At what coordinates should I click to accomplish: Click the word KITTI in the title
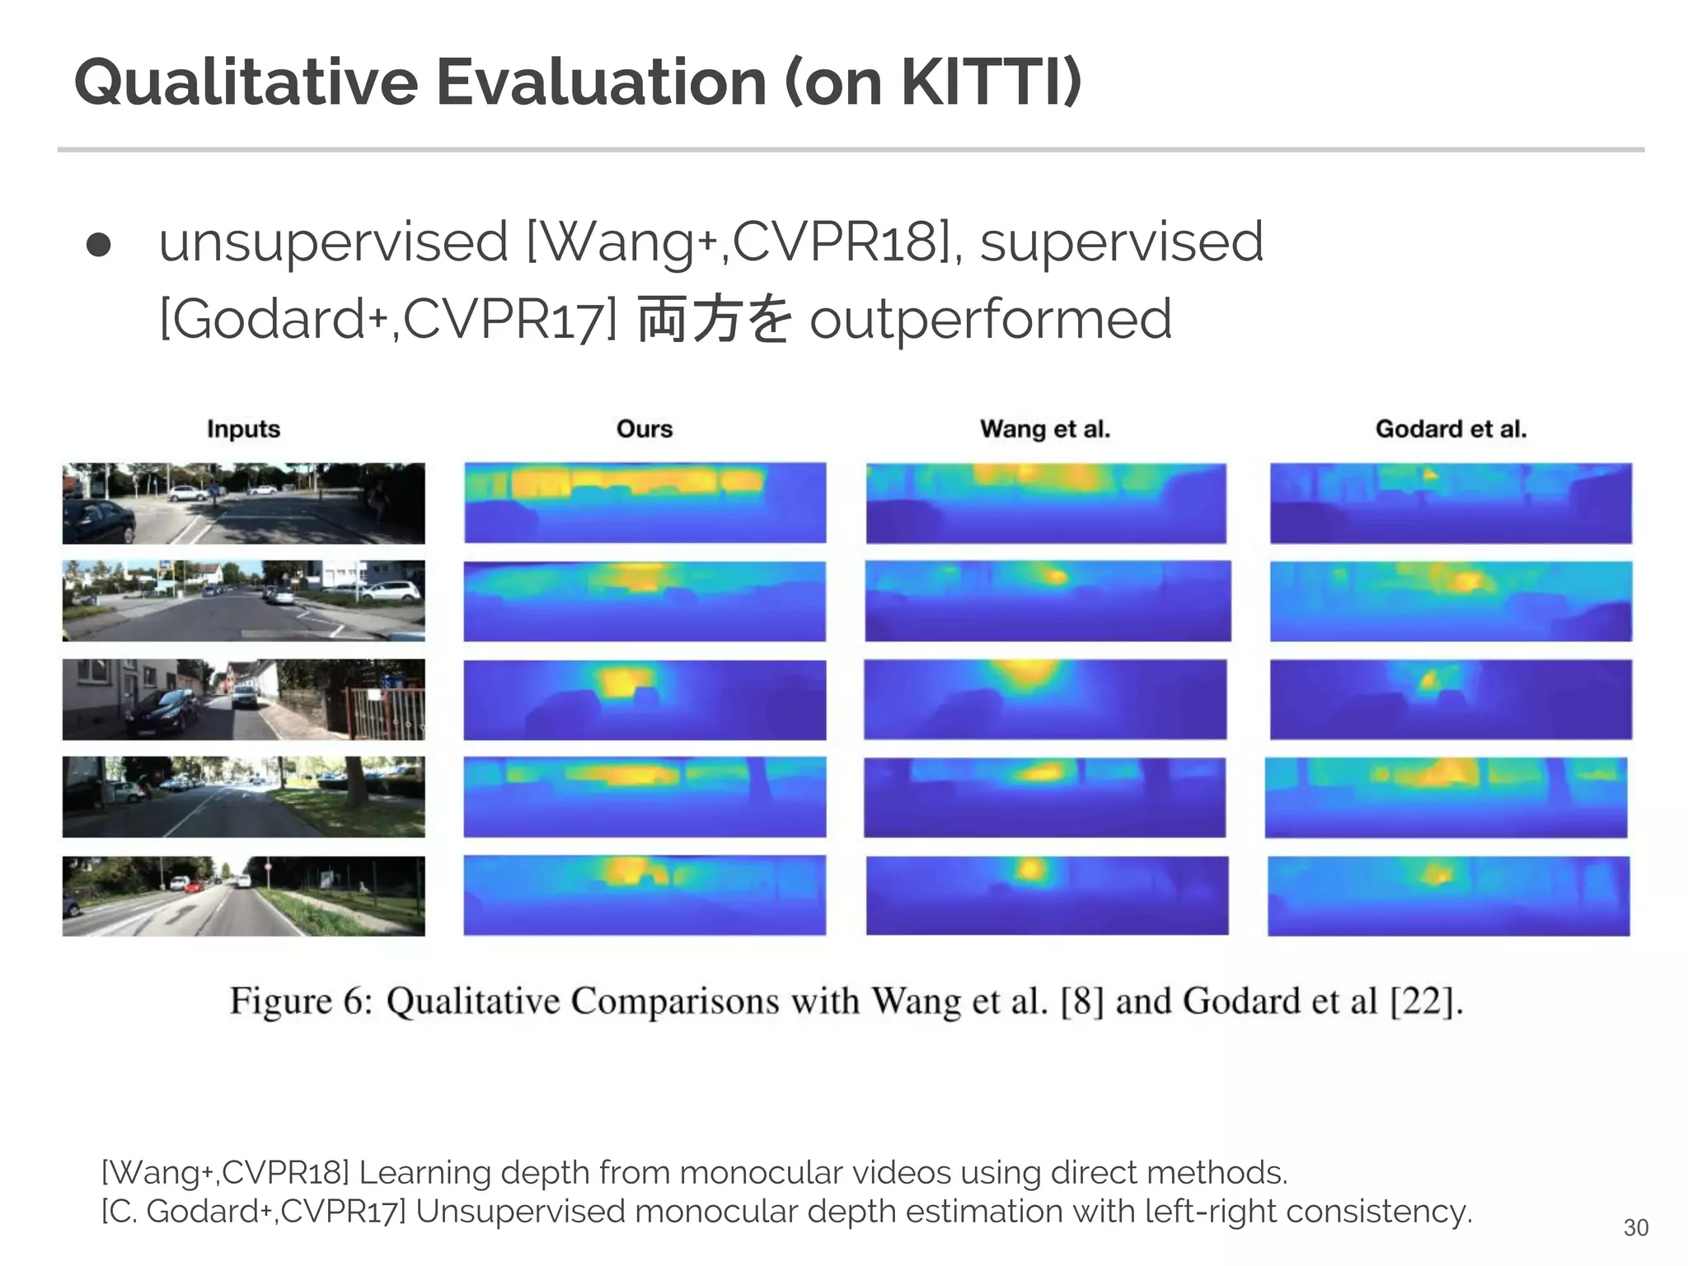pos(981,82)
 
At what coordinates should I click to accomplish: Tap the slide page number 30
pos(1635,1228)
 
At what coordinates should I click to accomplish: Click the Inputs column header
pos(243,429)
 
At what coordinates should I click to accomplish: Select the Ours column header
pos(645,429)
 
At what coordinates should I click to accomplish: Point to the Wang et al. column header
pos(1045,429)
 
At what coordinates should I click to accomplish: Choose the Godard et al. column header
pos(1451,429)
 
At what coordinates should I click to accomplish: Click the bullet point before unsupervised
pos(99,245)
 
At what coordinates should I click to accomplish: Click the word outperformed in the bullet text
pos(990,320)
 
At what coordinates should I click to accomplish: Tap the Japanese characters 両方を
pos(714,320)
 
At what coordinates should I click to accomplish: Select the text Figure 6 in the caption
pos(301,1001)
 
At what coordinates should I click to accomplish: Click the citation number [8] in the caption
pos(1081,1001)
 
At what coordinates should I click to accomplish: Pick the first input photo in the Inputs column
pos(243,503)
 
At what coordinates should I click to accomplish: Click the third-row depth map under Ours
pos(645,699)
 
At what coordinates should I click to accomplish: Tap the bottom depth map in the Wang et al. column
pos(1047,895)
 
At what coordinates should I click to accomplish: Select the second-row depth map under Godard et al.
pos(1451,601)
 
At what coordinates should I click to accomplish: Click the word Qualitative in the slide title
pos(246,82)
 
